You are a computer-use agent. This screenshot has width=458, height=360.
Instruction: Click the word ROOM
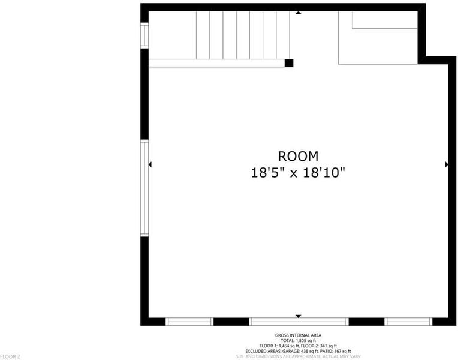point(298,156)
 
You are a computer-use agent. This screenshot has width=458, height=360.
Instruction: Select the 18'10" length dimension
point(324,172)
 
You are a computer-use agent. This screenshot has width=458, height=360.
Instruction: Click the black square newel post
point(289,63)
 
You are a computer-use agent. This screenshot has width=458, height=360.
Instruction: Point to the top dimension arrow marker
point(298,13)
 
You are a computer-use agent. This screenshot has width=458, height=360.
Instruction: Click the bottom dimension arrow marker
point(298,316)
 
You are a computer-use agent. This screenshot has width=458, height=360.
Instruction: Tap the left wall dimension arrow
point(150,164)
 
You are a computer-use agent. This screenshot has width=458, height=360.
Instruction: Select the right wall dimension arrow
point(447,164)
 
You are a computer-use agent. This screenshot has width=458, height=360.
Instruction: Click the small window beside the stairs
point(144,35)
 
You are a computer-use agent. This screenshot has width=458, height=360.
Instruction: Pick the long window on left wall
point(144,188)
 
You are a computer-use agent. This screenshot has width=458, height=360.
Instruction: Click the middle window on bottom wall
point(299,322)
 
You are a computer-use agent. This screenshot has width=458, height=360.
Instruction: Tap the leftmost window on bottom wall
point(189,322)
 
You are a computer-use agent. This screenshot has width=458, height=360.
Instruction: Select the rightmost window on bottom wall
point(408,322)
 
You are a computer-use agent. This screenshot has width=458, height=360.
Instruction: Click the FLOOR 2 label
point(10,357)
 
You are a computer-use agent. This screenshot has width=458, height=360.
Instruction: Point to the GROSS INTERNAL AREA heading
point(298,335)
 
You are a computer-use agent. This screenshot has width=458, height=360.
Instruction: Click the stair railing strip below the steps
point(217,63)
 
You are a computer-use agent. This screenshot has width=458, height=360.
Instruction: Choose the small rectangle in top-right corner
point(385,20)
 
